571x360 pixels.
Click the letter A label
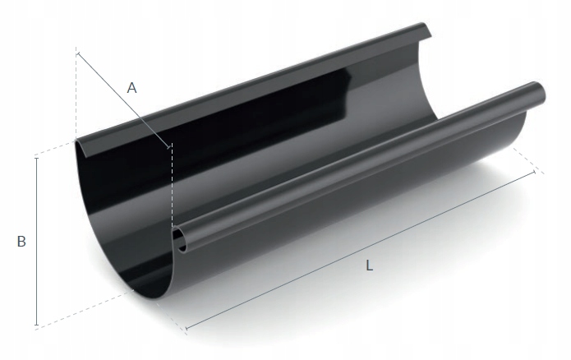132,88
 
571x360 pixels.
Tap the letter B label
22,242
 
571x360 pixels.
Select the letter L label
370,265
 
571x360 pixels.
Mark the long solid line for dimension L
361,250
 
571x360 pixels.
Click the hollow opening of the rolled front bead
180,239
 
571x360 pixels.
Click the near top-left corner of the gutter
77,141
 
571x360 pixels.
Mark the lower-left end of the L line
187,330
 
